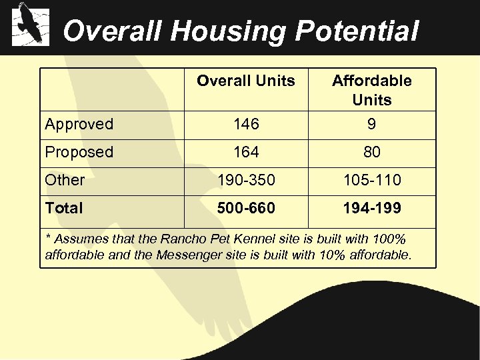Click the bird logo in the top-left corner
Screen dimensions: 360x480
coord(31,24)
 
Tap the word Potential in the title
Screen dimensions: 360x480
coord(357,31)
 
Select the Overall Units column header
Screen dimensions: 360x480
coord(245,81)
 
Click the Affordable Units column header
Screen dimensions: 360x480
coord(371,90)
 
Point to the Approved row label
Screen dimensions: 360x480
coord(79,124)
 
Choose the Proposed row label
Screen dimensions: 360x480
coord(79,152)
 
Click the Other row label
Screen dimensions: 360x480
coord(65,180)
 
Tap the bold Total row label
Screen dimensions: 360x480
coord(64,208)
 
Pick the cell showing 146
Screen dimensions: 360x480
coord(245,124)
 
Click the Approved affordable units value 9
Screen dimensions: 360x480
coord(371,124)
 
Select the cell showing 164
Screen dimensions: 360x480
coord(245,152)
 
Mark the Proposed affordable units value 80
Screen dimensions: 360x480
coord(371,152)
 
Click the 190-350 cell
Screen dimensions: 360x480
coord(245,180)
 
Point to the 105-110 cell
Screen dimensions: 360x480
coord(371,180)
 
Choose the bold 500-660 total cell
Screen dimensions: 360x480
coord(245,208)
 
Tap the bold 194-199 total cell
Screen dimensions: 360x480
coord(371,208)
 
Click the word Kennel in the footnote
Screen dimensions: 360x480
coord(260,239)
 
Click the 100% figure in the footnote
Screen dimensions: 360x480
coord(391,239)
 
